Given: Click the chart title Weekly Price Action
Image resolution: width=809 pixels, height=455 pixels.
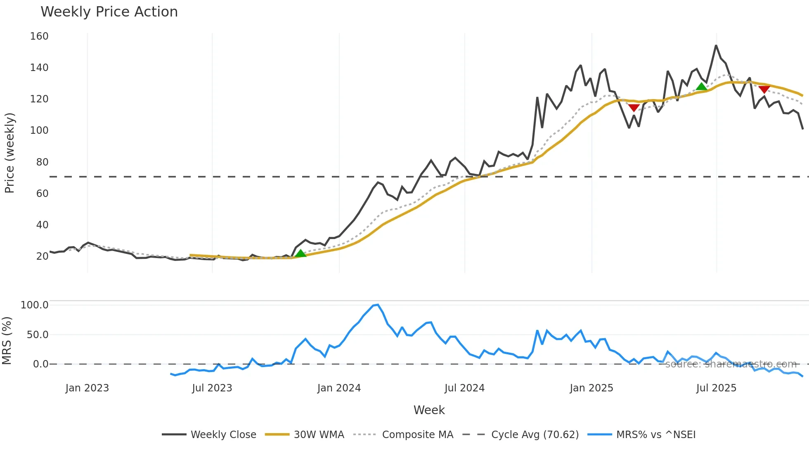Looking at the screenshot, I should click(x=109, y=12).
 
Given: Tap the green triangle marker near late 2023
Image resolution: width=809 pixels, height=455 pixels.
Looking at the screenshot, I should click(x=300, y=254).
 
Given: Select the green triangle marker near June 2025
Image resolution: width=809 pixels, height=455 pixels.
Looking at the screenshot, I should click(x=701, y=87).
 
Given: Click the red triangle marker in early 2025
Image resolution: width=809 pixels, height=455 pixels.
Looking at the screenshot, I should click(x=634, y=108).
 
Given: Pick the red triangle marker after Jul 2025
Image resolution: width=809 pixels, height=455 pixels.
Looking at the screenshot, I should click(x=764, y=89).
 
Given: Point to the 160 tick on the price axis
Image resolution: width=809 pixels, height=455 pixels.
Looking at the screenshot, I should click(x=39, y=36).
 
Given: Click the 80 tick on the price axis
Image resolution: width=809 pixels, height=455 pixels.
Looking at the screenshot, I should click(x=42, y=162).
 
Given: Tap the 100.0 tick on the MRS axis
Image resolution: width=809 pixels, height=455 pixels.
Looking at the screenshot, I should click(x=35, y=305).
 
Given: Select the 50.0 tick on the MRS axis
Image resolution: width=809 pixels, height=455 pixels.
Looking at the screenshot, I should click(x=38, y=335).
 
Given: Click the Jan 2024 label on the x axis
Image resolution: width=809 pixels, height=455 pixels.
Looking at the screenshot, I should click(x=339, y=388).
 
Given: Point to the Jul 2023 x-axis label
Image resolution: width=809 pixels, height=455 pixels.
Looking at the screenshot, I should click(x=212, y=388).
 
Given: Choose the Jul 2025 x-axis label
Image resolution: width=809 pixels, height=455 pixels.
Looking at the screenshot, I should click(x=716, y=388).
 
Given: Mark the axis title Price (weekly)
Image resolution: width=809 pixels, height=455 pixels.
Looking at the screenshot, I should click(x=9, y=153).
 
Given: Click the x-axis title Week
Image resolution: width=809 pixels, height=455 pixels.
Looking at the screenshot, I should click(x=429, y=410).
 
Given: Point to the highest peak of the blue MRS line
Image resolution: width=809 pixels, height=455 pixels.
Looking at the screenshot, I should click(x=378, y=305).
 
